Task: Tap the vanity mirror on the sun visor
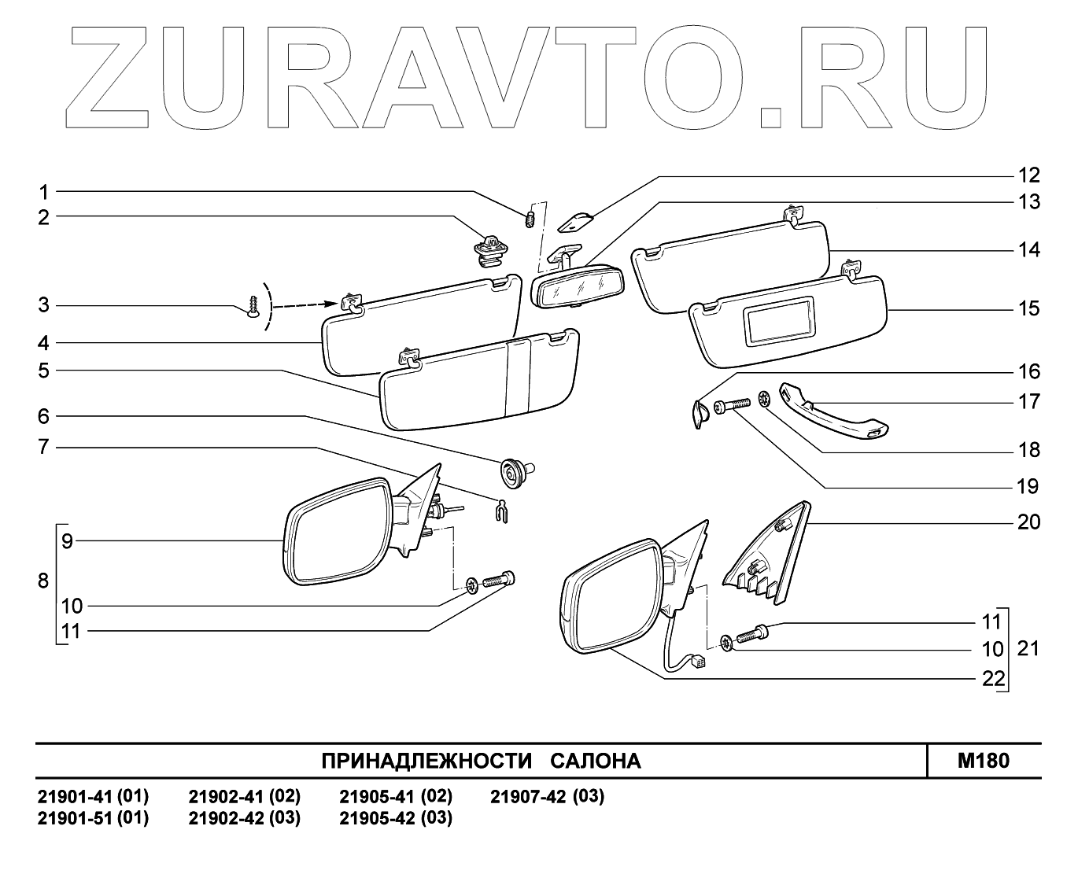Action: click(781, 321)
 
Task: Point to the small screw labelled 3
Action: click(253, 307)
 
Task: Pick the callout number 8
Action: click(43, 581)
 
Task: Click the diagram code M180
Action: click(984, 761)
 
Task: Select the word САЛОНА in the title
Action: click(595, 762)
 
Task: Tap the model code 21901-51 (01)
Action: click(93, 818)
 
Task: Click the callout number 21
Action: click(1028, 649)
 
